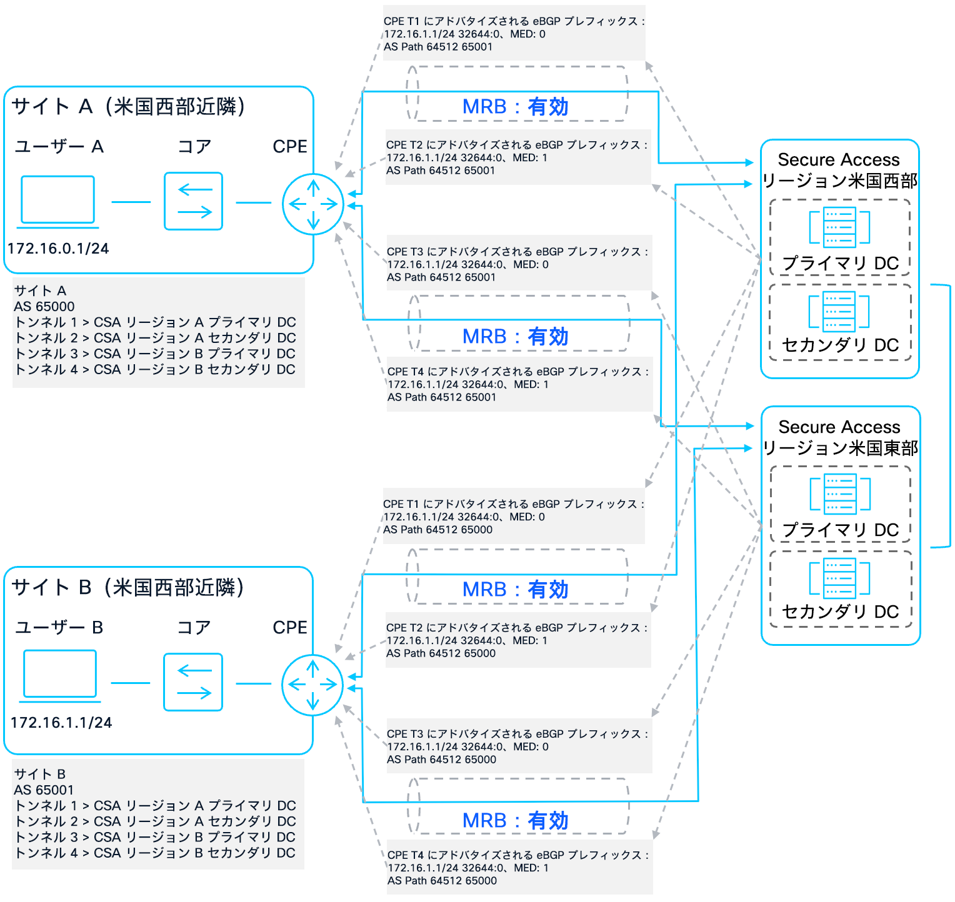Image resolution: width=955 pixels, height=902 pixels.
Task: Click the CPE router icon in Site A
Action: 313,204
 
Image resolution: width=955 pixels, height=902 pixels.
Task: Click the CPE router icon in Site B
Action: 312,685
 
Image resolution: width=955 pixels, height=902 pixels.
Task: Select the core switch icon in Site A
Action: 194,201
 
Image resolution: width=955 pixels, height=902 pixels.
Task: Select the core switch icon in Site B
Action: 193,682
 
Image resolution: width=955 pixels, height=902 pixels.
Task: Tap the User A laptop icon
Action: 58,200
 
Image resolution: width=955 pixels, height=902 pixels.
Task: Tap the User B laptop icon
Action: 60,674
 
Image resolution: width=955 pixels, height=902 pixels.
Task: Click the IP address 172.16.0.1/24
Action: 58,249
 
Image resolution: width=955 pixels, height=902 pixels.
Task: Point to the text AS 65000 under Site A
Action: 44,307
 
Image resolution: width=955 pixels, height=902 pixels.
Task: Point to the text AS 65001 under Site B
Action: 44,790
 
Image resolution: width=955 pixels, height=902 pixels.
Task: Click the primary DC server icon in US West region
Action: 839,227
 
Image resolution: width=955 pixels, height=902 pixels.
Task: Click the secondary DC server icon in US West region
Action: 839,311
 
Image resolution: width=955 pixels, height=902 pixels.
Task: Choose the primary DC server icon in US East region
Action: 840,493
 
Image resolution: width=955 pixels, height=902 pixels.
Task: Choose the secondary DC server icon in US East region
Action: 839,578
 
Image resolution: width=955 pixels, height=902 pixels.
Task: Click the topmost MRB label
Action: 516,107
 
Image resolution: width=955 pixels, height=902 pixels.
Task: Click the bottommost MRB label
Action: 516,821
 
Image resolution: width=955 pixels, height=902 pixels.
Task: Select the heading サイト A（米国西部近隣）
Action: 128,107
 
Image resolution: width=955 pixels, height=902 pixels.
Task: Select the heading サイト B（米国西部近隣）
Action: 127,587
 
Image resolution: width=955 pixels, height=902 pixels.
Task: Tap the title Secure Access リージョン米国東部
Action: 840,437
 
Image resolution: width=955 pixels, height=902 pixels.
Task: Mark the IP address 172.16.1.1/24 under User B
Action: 61,723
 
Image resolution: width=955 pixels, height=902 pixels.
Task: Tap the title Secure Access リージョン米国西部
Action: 839,170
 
